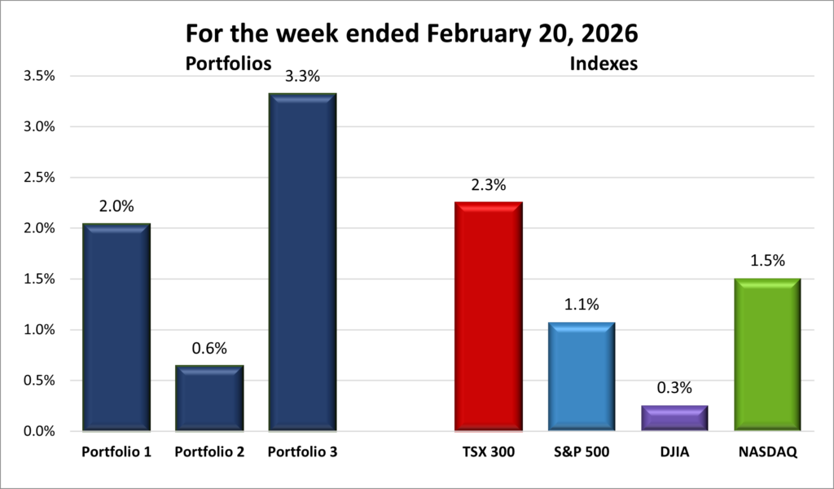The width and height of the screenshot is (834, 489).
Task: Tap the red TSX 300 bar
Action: [x=488, y=316]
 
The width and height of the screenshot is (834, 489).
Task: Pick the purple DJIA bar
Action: [x=674, y=417]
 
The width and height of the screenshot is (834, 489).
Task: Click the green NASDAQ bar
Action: [x=767, y=355]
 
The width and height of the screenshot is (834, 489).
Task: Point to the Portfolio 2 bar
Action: [x=209, y=398]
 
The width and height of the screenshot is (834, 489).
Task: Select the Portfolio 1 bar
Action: [x=116, y=327]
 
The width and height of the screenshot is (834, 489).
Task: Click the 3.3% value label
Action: [x=302, y=77]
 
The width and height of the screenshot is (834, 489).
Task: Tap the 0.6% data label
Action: [x=209, y=349]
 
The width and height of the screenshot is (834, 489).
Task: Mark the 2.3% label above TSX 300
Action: [x=488, y=185]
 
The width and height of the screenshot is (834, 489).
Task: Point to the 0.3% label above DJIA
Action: [x=674, y=388]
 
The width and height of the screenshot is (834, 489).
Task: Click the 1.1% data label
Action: [x=581, y=305]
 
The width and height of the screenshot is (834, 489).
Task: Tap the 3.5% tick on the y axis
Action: [x=38, y=77]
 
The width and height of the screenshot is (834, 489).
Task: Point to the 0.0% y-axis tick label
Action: [x=38, y=431]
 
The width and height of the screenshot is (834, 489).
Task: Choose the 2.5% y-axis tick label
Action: [x=38, y=178]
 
